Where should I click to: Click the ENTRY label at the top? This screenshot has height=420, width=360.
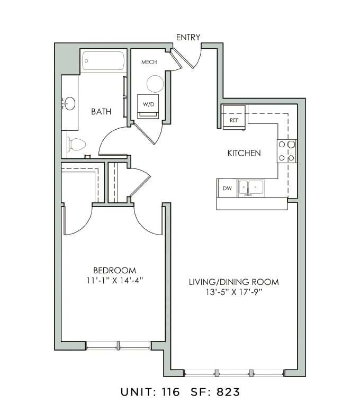coord(188,37)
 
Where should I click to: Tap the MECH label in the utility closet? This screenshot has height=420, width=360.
coord(149,62)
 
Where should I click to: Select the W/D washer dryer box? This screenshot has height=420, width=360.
coord(148,105)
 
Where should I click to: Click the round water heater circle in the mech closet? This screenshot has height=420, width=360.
coord(155,84)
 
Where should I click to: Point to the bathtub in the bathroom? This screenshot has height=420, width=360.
coord(103,61)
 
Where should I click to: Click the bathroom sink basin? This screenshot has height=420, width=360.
coord(69,102)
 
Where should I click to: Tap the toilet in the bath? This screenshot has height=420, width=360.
coord(77,144)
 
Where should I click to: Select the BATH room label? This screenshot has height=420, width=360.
coord(101,111)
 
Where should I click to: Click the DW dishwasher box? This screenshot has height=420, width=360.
coord(227,188)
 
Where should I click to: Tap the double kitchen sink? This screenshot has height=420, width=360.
coord(251,187)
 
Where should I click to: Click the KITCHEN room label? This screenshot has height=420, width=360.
coord(244,154)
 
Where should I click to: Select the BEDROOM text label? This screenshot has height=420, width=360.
coord(115,270)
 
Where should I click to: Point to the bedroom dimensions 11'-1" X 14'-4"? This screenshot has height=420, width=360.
coord(115,280)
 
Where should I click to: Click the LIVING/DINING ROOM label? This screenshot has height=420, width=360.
coord(233,282)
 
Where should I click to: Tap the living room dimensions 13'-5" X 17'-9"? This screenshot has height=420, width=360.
coord(233,292)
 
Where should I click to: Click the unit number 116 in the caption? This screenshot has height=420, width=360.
coord(170,392)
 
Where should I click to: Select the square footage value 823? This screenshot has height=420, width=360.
coord(228,392)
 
